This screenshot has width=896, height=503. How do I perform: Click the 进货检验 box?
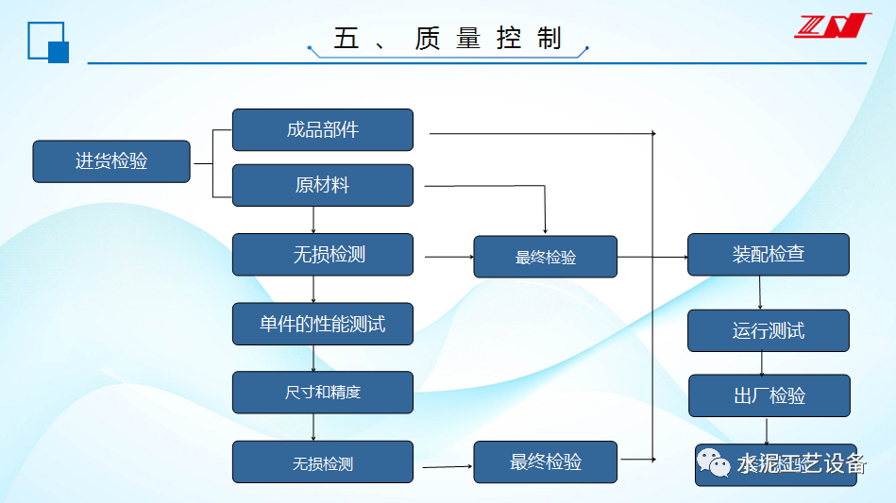pyautogui.click(x=111, y=161)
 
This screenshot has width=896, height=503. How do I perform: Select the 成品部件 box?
pyautogui.click(x=323, y=130)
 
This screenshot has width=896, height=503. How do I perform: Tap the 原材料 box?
pyautogui.click(x=323, y=185)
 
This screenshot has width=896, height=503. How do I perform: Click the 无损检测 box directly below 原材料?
pyautogui.click(x=323, y=254)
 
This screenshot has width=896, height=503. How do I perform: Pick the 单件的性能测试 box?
pyautogui.click(x=323, y=324)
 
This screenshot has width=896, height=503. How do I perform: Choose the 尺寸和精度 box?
pyautogui.click(x=323, y=392)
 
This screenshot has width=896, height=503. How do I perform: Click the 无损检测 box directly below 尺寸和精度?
pyautogui.click(x=323, y=462)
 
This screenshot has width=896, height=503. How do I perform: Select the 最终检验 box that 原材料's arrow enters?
pyautogui.click(x=546, y=257)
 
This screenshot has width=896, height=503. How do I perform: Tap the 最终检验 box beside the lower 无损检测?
pyautogui.click(x=546, y=462)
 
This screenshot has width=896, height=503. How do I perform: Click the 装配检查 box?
pyautogui.click(x=769, y=254)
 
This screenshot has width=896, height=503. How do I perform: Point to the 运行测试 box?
pyautogui.click(x=769, y=330)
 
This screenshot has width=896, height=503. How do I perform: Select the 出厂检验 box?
pyautogui.click(x=769, y=395)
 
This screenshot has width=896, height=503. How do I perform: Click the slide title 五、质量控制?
pyautogui.click(x=448, y=38)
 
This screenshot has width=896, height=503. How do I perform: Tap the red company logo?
pyautogui.click(x=832, y=25)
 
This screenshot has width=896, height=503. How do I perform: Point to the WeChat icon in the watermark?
pyautogui.click(x=714, y=462)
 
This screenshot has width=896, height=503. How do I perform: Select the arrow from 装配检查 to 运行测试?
pyautogui.click(x=760, y=293)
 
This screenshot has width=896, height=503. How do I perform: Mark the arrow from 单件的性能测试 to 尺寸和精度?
pyautogui.click(x=313, y=358)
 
